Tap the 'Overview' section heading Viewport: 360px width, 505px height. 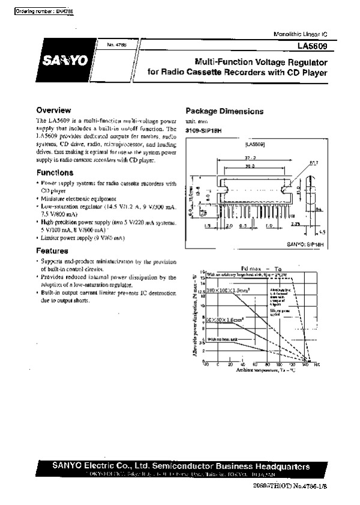[55, 110]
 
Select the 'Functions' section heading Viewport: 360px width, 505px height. [55, 172]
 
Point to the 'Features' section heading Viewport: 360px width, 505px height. [53, 250]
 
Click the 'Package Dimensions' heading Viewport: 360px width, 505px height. [224, 111]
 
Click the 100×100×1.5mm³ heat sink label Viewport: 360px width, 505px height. [227, 290]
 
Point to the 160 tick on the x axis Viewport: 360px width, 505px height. [317, 365]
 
